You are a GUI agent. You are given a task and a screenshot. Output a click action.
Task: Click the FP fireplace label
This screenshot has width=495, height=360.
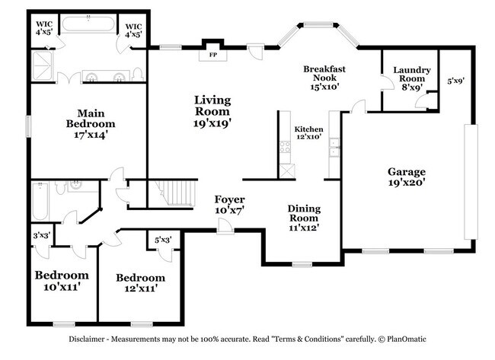click(x=212, y=55)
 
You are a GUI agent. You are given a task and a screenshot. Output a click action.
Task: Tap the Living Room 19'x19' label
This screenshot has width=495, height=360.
click(x=212, y=110)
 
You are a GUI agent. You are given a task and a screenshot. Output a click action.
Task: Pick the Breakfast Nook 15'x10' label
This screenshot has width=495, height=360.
click(x=324, y=77)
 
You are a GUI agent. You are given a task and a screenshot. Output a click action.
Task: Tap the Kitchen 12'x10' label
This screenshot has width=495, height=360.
click(x=308, y=133)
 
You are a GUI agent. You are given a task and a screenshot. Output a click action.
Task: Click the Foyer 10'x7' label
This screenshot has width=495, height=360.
click(x=228, y=204)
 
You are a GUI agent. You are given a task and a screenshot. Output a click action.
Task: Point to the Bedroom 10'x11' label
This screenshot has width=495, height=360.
click(x=62, y=280)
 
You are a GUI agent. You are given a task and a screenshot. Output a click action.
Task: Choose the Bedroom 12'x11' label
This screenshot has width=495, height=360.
click(x=140, y=282)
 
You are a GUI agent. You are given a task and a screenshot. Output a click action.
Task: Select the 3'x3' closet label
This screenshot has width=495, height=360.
click(x=40, y=236)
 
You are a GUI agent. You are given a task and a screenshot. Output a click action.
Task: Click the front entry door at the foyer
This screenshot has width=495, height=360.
click(x=225, y=228)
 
